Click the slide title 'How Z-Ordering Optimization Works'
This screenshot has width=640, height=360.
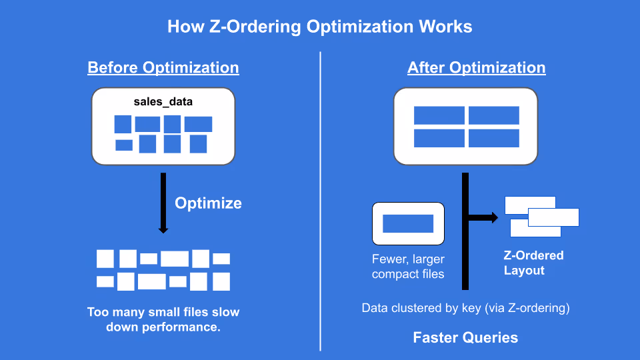click(x=319, y=27)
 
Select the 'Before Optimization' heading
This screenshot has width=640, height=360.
click(x=163, y=68)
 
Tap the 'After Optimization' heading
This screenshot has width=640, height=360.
click(x=476, y=68)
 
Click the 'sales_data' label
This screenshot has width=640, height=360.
click(x=163, y=103)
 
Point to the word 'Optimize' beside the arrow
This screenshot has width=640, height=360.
click(x=208, y=203)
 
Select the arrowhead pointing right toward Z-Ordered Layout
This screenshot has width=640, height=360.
click(x=494, y=217)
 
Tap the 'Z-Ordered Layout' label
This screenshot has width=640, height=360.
click(x=533, y=263)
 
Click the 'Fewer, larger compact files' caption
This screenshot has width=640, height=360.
click(x=408, y=266)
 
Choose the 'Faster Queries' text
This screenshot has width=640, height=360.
click(x=465, y=337)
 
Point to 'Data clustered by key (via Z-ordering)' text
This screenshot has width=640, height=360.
click(x=465, y=308)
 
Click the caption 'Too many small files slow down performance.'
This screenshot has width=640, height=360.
click(x=163, y=319)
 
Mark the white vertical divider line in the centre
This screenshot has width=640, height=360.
click(x=321, y=200)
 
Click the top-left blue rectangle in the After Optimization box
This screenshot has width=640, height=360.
click(x=439, y=115)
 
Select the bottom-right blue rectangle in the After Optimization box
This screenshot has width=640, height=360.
click(x=493, y=138)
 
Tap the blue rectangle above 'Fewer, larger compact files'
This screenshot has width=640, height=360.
click(x=408, y=224)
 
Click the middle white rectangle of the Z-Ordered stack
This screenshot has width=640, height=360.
click(x=553, y=217)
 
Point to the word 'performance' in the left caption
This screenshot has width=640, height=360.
click(x=186, y=327)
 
